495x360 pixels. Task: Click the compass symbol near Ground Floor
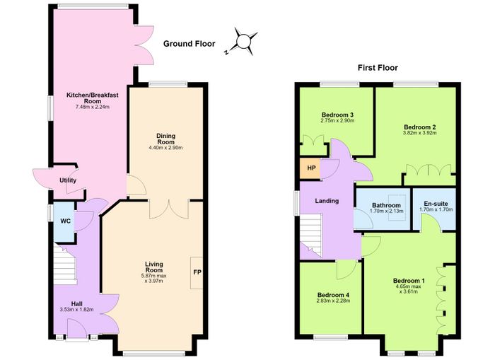(243, 42)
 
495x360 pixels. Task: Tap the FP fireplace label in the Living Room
(197, 272)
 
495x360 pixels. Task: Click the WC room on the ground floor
(64, 221)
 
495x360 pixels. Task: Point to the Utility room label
(68, 180)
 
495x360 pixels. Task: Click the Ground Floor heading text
(189, 44)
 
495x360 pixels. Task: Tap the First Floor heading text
(378, 68)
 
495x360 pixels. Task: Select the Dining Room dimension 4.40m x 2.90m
(165, 148)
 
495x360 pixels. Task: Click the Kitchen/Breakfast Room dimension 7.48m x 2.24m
(92, 107)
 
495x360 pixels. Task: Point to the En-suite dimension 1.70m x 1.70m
(436, 209)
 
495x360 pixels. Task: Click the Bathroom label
(386, 205)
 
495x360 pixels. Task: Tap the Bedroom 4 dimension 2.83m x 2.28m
(333, 301)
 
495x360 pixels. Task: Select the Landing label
(327, 201)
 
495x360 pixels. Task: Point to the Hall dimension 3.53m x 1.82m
(76, 310)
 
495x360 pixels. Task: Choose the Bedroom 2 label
(420, 127)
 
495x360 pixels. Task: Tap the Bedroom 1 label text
(409, 281)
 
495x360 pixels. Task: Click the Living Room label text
(154, 267)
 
